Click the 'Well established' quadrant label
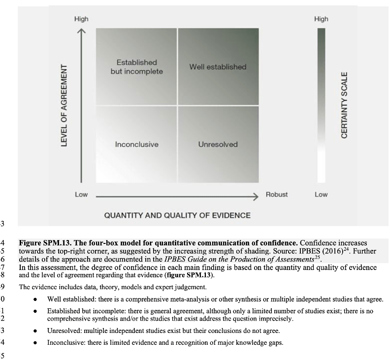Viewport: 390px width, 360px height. click(x=217, y=67)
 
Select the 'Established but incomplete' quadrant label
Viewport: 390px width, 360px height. click(x=136, y=67)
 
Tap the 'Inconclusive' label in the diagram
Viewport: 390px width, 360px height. click(x=136, y=145)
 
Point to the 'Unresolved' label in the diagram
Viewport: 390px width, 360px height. click(x=218, y=145)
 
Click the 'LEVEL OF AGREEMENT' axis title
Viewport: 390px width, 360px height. click(x=64, y=105)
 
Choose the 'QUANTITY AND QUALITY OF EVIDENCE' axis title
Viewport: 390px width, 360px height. click(x=177, y=215)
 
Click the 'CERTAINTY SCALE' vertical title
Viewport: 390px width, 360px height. click(x=345, y=105)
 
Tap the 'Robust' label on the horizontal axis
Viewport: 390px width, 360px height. click(x=277, y=194)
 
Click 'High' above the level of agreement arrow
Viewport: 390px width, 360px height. click(x=81, y=19)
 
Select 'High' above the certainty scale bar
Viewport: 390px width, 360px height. click(x=321, y=19)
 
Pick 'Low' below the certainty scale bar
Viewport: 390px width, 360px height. click(x=321, y=194)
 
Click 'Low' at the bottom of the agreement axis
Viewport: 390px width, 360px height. click(x=81, y=194)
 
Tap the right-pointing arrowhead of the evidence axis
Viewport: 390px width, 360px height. click(x=255, y=196)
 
